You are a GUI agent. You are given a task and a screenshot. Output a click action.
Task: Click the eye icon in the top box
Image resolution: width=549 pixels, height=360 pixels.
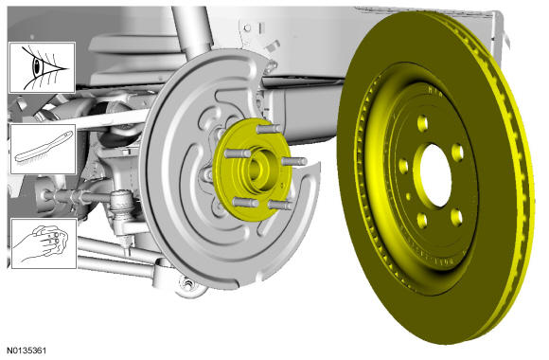[x=42, y=67]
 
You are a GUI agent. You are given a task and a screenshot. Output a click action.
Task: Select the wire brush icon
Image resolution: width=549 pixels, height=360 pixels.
[x=44, y=147]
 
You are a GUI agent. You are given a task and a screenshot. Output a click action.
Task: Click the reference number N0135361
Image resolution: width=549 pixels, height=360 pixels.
[x=26, y=351]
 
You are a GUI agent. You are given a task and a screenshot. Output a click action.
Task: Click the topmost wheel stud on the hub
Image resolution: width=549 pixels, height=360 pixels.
[x=269, y=129]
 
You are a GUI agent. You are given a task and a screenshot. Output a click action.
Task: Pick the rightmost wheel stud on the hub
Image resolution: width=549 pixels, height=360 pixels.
[x=294, y=161]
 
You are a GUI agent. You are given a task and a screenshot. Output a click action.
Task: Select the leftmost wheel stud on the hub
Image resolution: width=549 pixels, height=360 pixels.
[x=237, y=153]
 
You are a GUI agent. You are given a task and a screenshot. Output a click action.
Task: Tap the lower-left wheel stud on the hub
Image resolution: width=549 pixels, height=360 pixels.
[x=245, y=203]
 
